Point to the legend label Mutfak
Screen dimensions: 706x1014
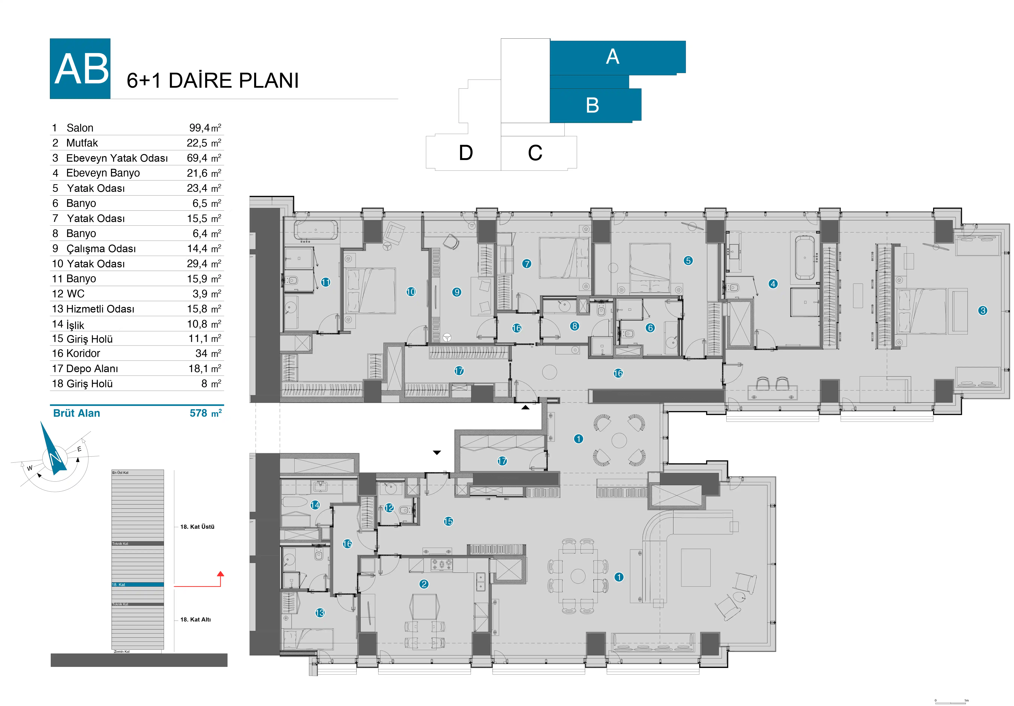pos(82,143)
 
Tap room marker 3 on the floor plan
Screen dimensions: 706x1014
pos(983,310)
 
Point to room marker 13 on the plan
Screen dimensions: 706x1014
pos(320,613)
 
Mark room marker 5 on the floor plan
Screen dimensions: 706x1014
pos(688,260)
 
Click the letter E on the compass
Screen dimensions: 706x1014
pos(79,449)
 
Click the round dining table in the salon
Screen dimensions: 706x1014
pos(578,576)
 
